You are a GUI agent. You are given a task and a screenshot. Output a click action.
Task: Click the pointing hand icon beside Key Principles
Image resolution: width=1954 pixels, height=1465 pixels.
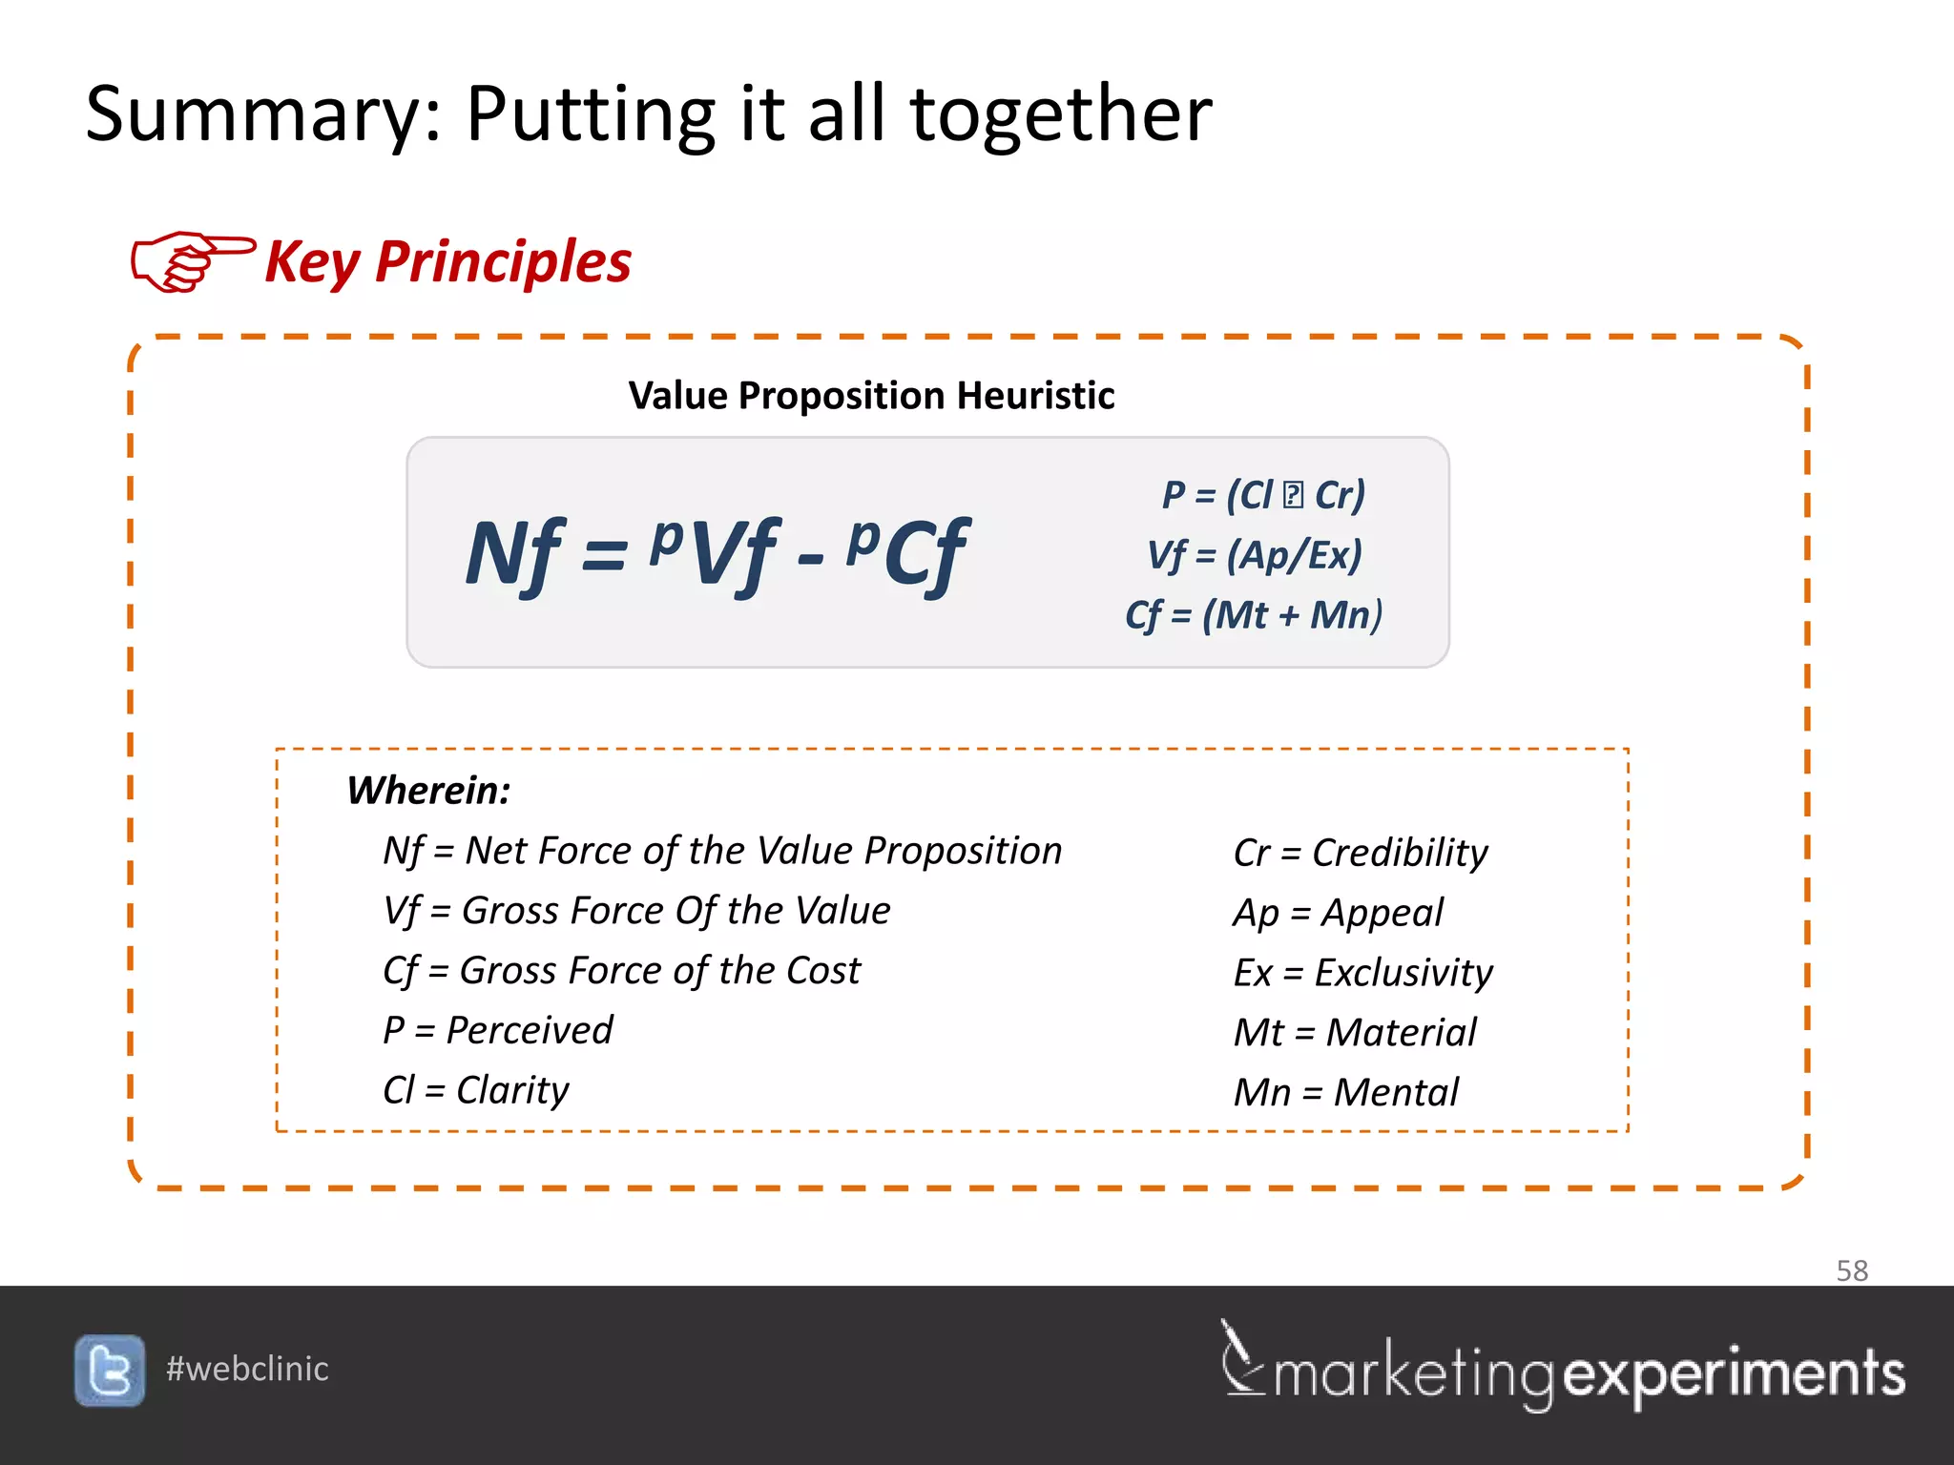point(192,260)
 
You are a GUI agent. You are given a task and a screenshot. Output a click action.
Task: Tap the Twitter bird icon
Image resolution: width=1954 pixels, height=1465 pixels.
point(110,1371)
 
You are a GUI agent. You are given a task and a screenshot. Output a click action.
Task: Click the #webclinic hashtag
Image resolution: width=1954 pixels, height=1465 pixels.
point(247,1370)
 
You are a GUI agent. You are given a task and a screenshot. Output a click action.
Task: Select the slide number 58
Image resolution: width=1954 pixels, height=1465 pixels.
point(1852,1270)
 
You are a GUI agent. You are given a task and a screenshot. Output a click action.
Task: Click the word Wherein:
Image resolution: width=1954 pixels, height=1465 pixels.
point(428,791)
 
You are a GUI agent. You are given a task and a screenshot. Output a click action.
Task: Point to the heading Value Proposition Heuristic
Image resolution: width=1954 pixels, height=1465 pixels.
point(871,396)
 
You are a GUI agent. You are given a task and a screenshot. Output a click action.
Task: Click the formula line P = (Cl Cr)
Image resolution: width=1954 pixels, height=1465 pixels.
point(1263,495)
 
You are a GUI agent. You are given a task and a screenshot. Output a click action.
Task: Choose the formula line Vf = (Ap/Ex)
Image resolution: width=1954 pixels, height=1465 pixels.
point(1255,555)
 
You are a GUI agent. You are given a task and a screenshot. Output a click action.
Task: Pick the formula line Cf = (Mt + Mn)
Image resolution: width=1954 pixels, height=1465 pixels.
point(1254,615)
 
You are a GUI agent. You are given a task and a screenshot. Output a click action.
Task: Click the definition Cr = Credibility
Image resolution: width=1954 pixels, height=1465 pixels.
point(1361,853)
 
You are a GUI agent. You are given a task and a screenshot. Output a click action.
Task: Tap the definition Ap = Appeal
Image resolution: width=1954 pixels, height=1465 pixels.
point(1338,913)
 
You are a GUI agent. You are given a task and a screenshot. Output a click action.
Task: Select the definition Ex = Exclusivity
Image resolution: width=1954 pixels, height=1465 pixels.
point(1362,973)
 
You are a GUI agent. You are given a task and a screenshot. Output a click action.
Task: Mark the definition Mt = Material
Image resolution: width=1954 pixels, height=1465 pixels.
point(1355,1033)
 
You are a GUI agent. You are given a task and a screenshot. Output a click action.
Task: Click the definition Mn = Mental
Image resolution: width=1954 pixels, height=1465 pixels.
point(1345,1093)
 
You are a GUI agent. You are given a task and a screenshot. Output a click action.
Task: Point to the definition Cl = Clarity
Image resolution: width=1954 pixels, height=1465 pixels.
point(475,1090)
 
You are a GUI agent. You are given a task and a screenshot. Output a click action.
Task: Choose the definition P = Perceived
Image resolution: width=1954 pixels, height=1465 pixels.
point(497,1031)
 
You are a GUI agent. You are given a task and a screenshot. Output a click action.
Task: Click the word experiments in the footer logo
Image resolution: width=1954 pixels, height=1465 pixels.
point(1735,1374)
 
